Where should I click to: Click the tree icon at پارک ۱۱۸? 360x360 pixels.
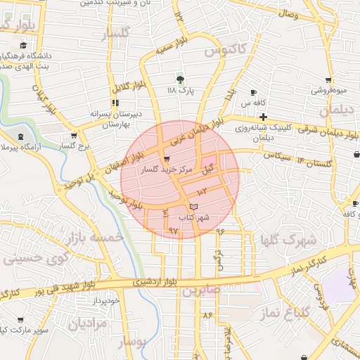(x=181, y=79)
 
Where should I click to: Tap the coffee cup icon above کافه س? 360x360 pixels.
(x=253, y=93)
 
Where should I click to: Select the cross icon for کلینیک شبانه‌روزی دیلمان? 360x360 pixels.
(x=262, y=116)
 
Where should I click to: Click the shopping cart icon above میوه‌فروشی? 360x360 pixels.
(x=328, y=80)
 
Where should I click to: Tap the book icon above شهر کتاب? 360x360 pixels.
(x=194, y=205)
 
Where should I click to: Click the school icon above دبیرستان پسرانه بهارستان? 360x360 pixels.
(x=115, y=101)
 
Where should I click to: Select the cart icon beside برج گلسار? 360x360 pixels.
(x=73, y=136)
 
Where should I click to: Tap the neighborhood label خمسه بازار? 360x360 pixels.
(x=94, y=239)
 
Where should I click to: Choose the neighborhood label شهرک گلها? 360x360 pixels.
(x=288, y=240)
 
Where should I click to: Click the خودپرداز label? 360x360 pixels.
(x=108, y=301)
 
